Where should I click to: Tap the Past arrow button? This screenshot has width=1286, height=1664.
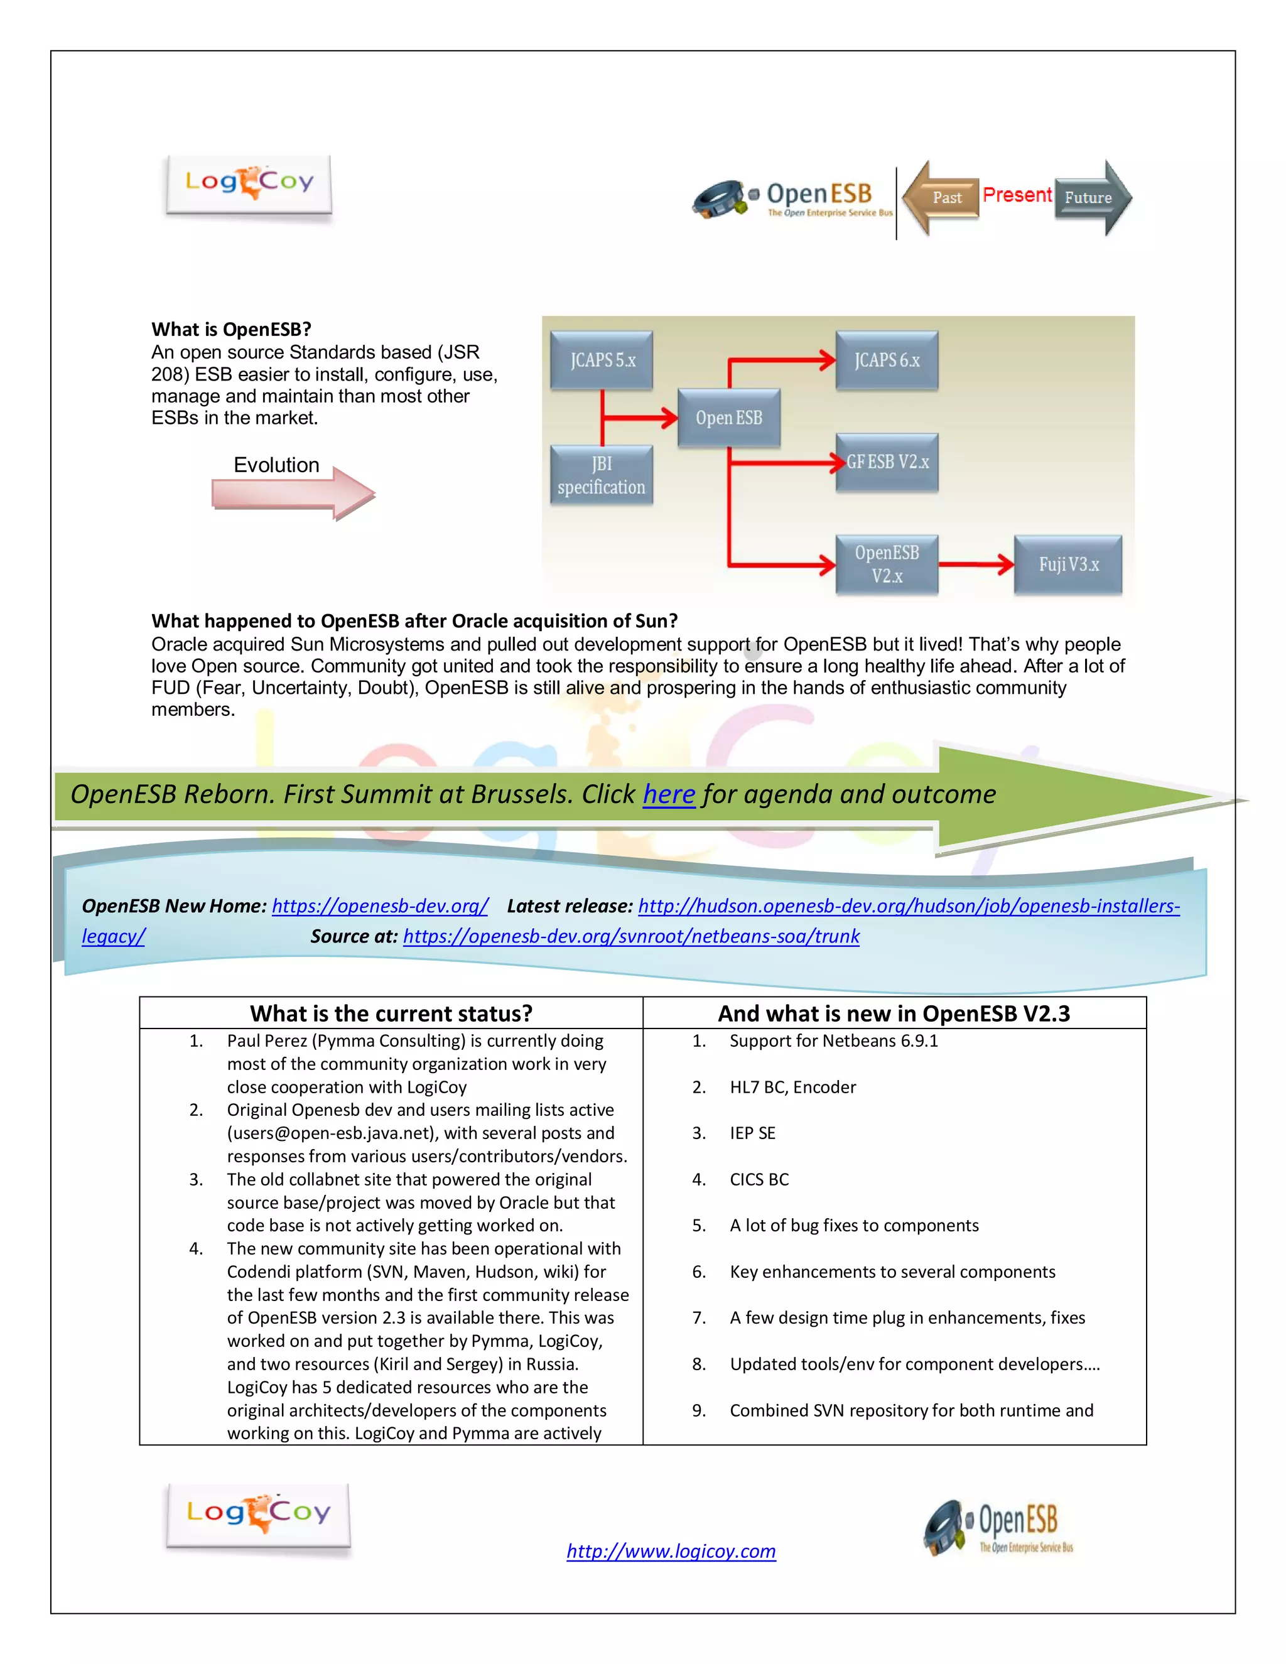pyautogui.click(x=943, y=198)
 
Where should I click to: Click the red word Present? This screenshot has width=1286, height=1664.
pyautogui.click(x=1017, y=195)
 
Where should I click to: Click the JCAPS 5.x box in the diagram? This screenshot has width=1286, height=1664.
pyautogui.click(x=602, y=360)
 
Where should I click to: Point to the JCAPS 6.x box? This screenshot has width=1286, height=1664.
pyautogui.click(x=887, y=360)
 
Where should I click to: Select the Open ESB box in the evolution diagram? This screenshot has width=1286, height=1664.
pyautogui.click(x=728, y=418)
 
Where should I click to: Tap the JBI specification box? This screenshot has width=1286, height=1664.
pyautogui.click(x=601, y=475)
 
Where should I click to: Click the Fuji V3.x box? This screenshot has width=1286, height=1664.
pyautogui.click(x=1068, y=565)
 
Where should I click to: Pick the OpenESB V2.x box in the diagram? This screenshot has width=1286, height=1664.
pyautogui.click(x=887, y=565)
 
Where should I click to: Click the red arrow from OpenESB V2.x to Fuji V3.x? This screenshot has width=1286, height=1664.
pyautogui.click(x=975, y=565)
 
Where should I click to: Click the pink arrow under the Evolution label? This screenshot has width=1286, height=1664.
pyautogui.click(x=293, y=494)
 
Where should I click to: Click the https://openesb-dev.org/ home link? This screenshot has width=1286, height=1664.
pyautogui.click(x=379, y=906)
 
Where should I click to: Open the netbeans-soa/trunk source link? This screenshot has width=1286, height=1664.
pyautogui.click(x=631, y=936)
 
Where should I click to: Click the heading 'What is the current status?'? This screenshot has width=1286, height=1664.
pyautogui.click(x=391, y=1013)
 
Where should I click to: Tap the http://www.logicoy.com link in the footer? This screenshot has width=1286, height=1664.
pyautogui.click(x=671, y=1551)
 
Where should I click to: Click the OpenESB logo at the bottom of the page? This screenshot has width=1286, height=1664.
pyautogui.click(x=998, y=1528)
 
